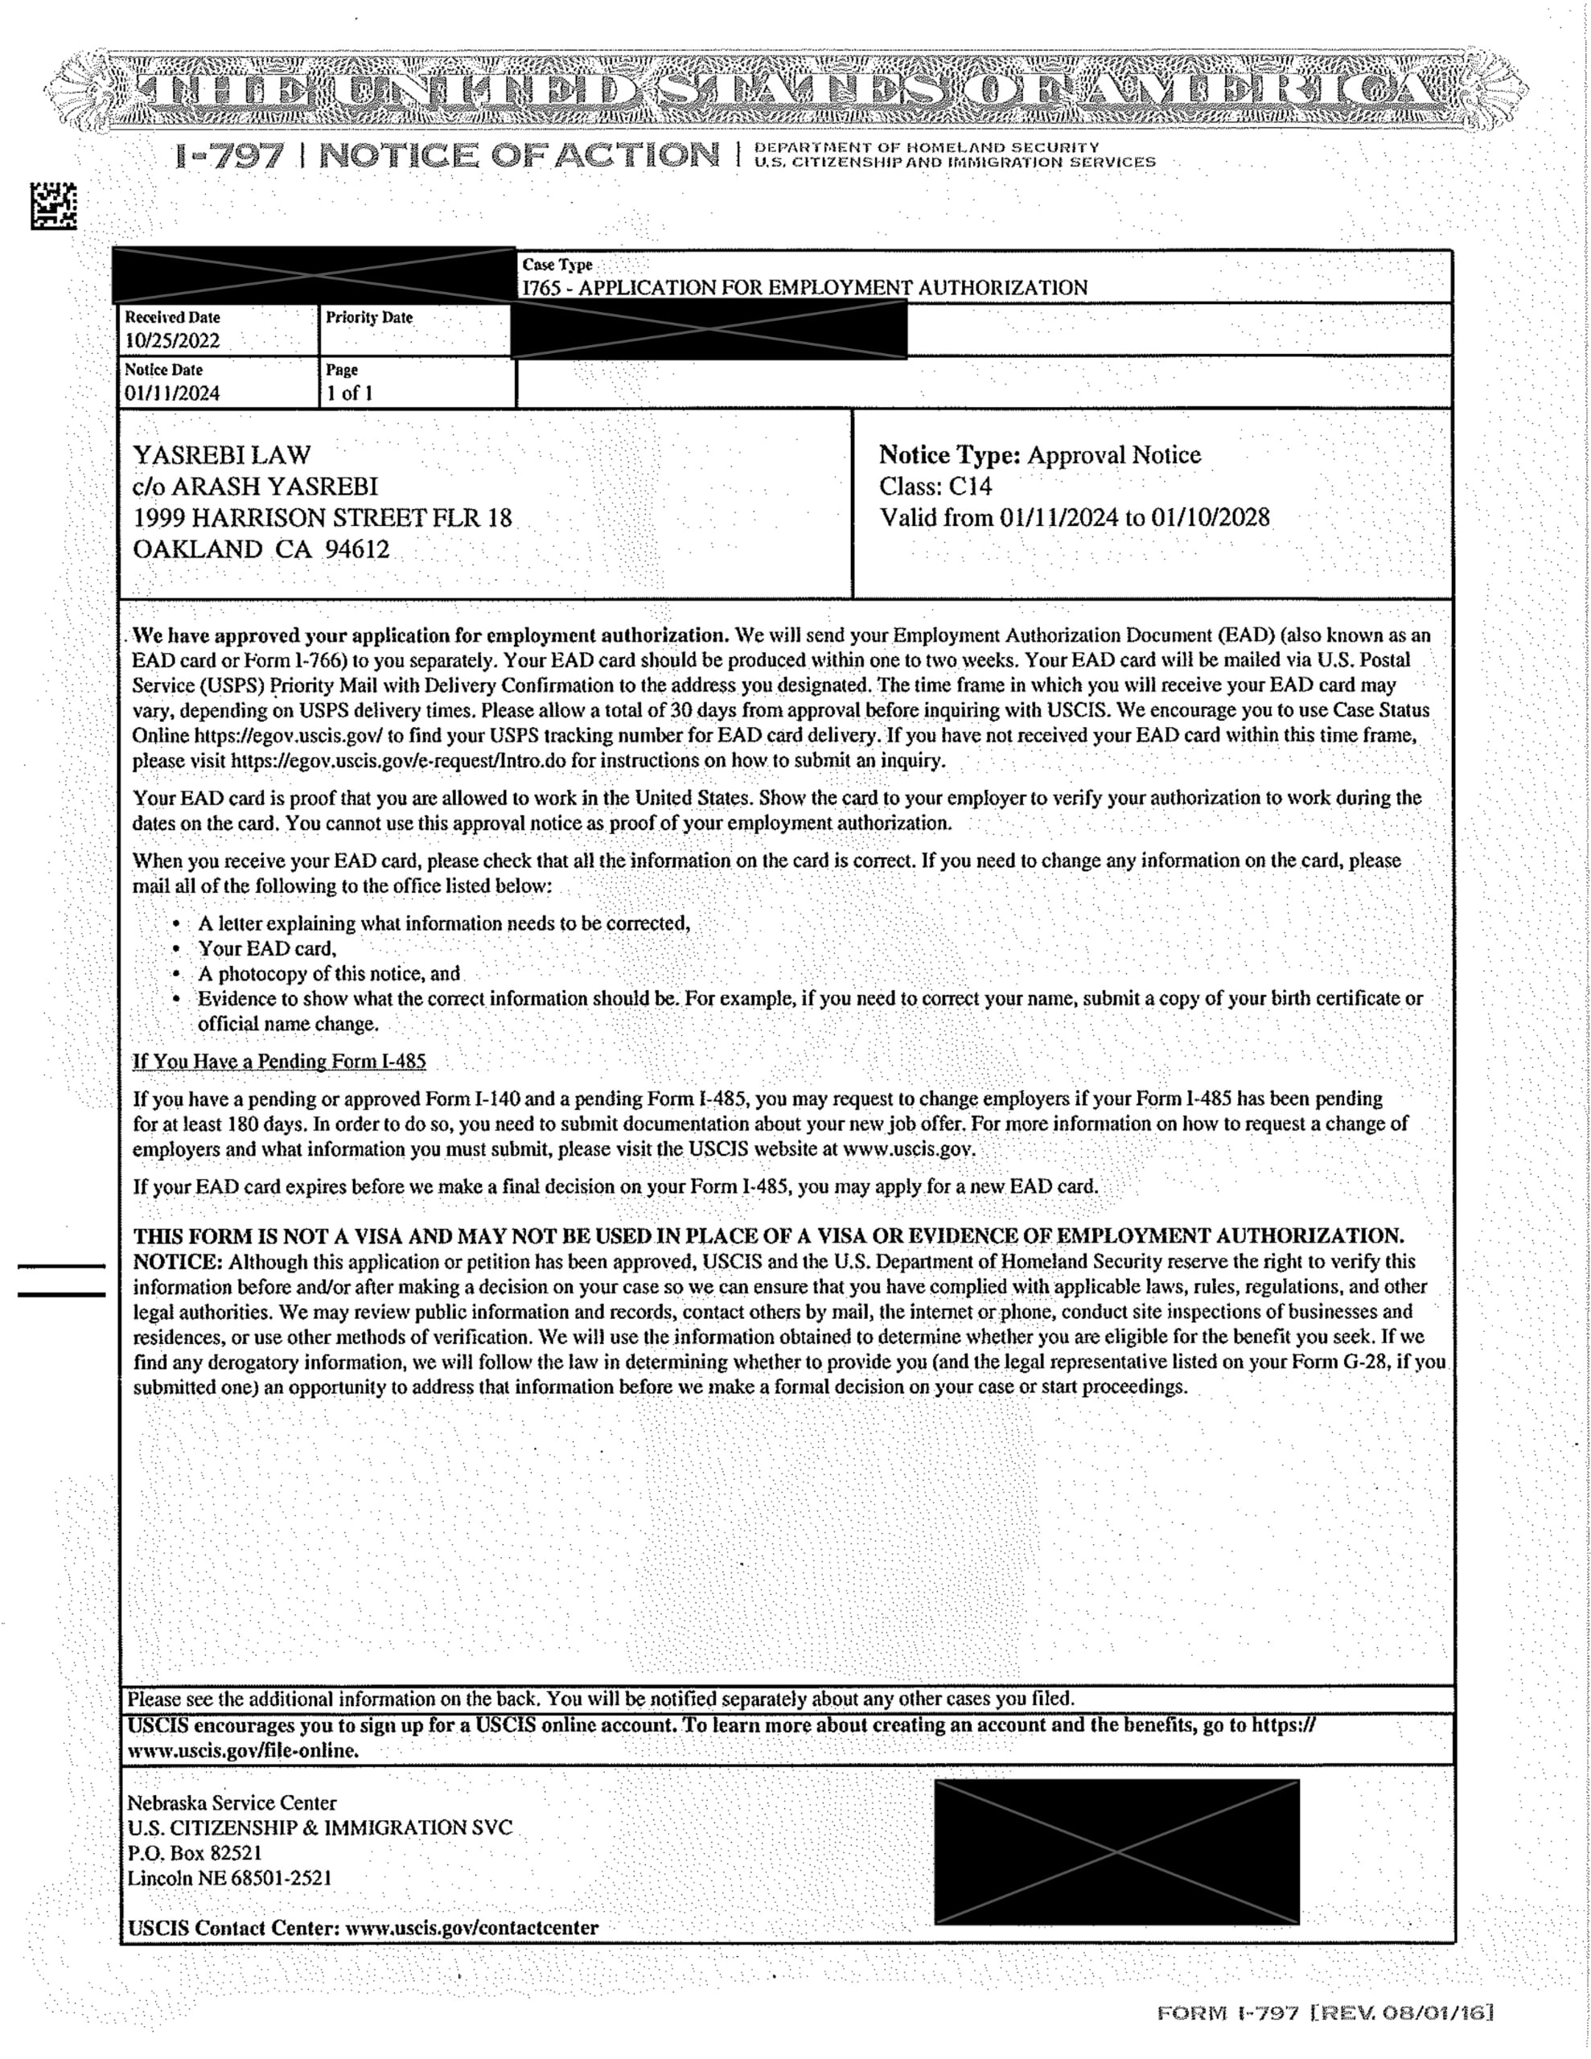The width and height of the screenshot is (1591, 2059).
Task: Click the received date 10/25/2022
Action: click(x=171, y=340)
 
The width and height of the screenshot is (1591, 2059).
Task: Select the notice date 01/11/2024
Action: click(x=171, y=393)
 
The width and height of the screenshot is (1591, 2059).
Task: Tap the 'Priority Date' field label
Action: click(x=368, y=318)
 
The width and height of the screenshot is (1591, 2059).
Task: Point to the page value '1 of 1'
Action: click(x=349, y=393)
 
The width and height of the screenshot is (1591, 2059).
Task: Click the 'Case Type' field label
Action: click(x=557, y=265)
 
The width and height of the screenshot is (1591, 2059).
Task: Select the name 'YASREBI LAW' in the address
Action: click(x=222, y=455)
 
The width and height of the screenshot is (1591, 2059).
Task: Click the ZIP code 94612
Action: click(x=356, y=549)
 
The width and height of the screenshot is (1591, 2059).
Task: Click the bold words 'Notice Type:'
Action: click(x=950, y=455)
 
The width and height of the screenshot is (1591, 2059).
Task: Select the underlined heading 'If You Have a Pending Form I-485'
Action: click(x=279, y=1062)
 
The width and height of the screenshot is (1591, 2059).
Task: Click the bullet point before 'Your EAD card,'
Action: click(x=176, y=949)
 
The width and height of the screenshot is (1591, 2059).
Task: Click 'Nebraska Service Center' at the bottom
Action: click(x=232, y=1802)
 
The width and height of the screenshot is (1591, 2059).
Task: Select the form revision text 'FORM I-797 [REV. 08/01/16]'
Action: click(x=1325, y=2014)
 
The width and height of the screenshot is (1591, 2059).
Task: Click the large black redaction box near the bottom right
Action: click(x=1116, y=1851)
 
